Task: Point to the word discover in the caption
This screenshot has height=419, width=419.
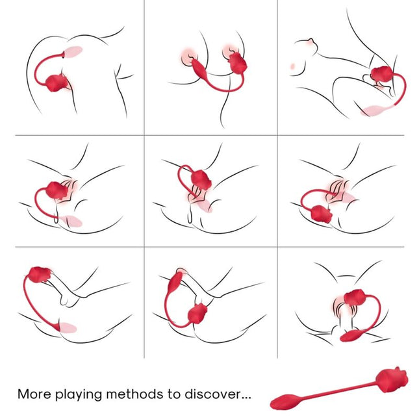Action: [221, 394]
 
